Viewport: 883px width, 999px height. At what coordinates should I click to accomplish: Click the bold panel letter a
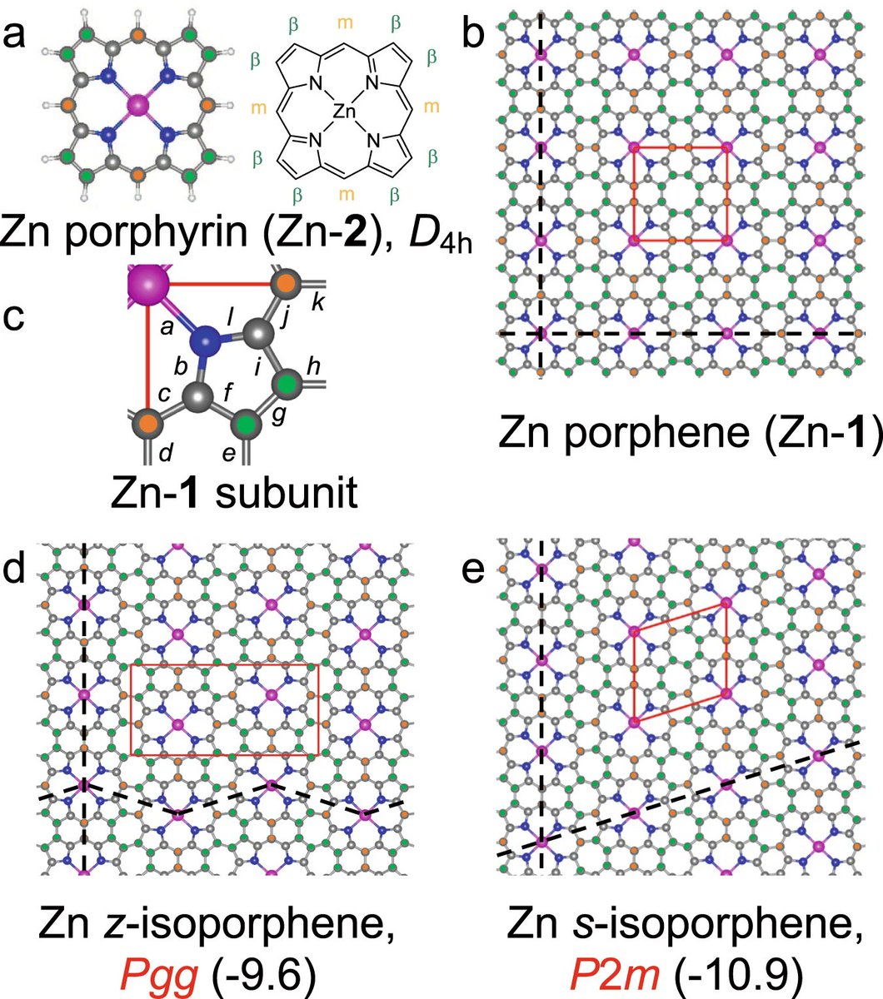(22, 37)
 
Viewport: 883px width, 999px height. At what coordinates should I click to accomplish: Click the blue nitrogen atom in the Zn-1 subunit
(207, 340)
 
